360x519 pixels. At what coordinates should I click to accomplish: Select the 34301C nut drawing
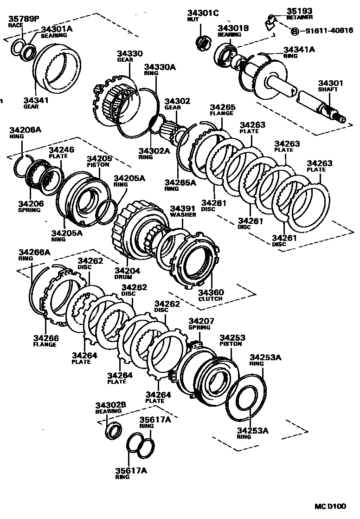(202, 42)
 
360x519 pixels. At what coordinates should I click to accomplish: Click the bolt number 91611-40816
(326, 31)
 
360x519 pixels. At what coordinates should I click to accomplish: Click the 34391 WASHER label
(182, 212)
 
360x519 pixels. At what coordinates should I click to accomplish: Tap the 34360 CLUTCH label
(211, 295)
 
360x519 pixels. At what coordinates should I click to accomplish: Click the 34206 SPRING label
(30, 207)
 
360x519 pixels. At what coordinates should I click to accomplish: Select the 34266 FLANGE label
(45, 341)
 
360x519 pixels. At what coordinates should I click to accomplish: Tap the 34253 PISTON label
(232, 341)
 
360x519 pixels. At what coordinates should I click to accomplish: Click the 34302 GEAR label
(172, 104)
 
